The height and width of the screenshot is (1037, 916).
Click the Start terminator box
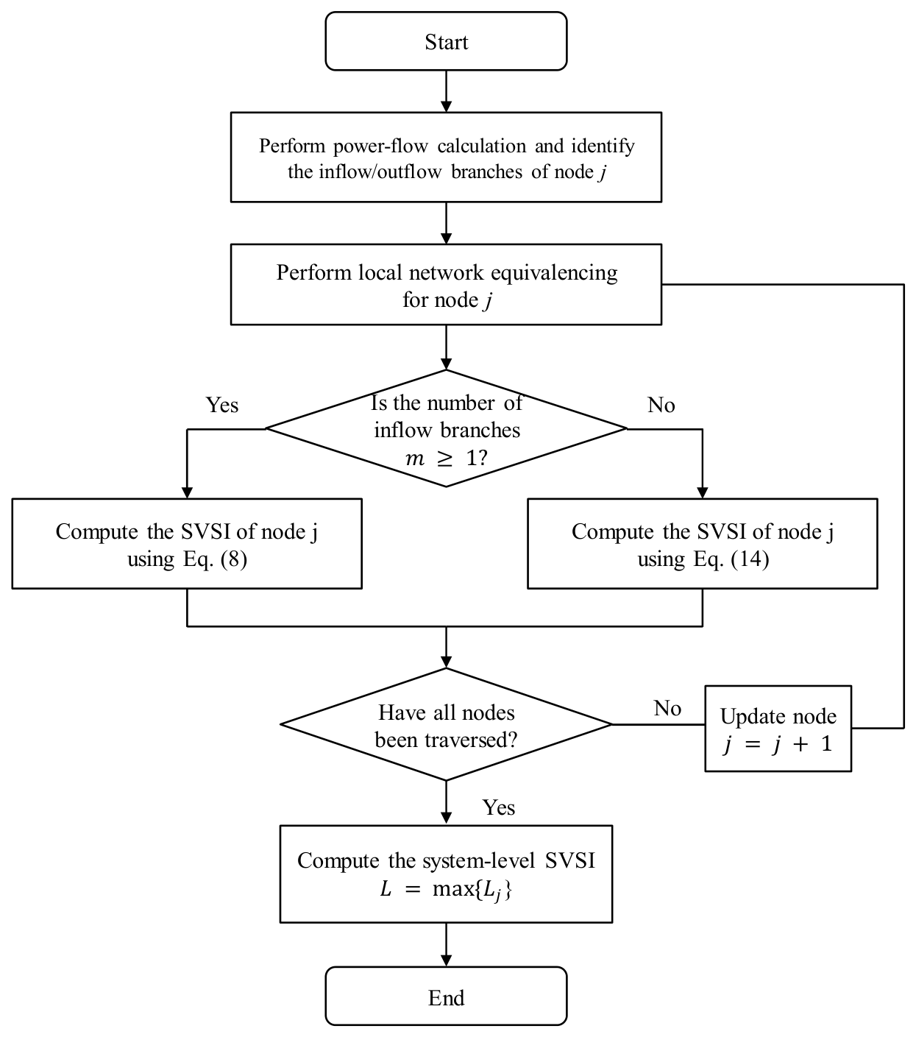(446, 41)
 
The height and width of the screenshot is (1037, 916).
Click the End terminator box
(446, 997)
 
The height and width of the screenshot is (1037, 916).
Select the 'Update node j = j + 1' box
(778, 729)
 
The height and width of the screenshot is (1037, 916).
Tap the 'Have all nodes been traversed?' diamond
(446, 724)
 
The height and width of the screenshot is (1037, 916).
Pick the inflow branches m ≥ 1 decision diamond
(446, 428)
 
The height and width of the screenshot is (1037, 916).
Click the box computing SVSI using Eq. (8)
(187, 544)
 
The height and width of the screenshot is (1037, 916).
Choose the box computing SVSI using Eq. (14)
(702, 544)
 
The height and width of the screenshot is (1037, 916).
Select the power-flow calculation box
(446, 158)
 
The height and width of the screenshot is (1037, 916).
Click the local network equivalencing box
(446, 284)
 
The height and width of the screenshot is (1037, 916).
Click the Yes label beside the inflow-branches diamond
(222, 405)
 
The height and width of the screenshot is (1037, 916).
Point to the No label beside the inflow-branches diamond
(661, 405)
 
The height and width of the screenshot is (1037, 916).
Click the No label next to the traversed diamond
(667, 708)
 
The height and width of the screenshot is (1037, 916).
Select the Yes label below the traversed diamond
(498, 807)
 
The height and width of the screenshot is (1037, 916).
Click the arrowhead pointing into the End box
(447, 960)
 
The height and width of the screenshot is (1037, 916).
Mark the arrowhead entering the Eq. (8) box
(187, 492)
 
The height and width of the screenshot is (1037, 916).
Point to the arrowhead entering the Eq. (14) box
(702, 492)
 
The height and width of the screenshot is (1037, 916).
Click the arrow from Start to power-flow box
(447, 91)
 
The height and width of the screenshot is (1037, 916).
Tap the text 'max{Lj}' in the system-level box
(472, 890)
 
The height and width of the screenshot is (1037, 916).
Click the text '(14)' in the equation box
(750, 559)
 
